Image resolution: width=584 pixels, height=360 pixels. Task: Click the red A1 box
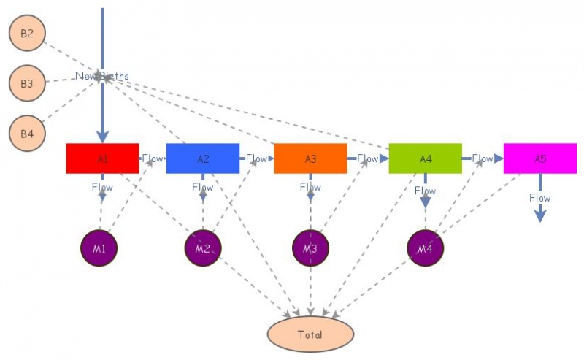[x=102, y=158]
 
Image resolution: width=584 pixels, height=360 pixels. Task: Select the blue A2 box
[x=203, y=158]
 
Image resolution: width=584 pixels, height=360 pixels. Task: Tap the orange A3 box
[x=310, y=158]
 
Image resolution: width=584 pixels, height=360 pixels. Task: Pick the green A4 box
[x=425, y=158]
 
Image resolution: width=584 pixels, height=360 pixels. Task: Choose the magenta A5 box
[x=539, y=158]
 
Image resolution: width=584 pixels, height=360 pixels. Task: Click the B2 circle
[x=27, y=34]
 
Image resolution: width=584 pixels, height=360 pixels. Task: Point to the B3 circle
[x=27, y=84]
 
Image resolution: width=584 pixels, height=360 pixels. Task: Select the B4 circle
[x=27, y=134]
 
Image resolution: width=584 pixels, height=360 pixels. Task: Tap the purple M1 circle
[x=99, y=249]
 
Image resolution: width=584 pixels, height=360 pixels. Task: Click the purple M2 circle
[x=202, y=249]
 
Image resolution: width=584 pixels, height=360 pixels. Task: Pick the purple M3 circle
[x=310, y=249]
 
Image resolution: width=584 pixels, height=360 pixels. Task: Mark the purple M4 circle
[x=425, y=249]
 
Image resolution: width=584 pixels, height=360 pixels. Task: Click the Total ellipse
[x=310, y=334]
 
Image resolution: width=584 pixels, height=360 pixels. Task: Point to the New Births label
[x=102, y=76]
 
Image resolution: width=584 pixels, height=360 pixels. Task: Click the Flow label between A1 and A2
[x=153, y=158]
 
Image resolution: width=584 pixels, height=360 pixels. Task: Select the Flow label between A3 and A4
[x=367, y=158]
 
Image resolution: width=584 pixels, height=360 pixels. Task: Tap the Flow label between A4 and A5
[x=482, y=158]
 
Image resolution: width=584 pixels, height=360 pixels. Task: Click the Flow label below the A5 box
[x=539, y=198]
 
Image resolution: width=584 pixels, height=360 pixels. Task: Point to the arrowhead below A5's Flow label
[x=539, y=216]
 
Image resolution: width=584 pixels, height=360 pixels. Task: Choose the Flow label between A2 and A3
[x=256, y=158]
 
